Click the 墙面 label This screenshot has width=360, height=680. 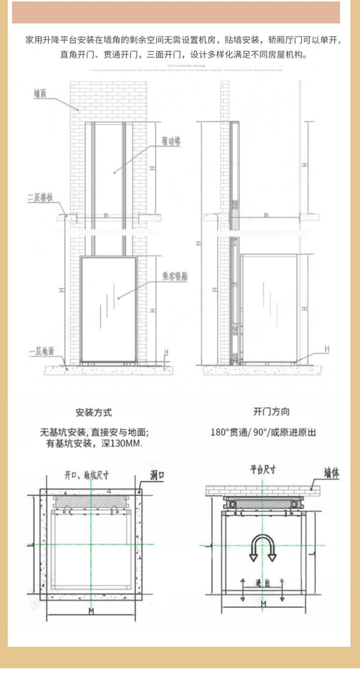coord(40,93)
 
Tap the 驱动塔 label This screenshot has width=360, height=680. coord(171,142)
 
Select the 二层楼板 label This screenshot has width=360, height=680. coord(41,198)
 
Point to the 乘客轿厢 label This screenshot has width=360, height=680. coord(175,276)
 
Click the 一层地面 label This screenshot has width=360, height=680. coord(41,351)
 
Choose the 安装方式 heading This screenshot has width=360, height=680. coord(93,413)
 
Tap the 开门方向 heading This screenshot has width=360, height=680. coord(271,412)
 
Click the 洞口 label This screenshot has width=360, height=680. coord(157,476)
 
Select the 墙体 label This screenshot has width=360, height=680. coord(331,474)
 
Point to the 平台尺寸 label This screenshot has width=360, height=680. coord(263,470)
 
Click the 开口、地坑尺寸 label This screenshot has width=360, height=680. coord(86,475)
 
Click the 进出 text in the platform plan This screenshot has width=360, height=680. coord(262,583)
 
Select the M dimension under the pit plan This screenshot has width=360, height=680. coord(91,611)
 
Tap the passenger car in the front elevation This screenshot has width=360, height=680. coord(108,310)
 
